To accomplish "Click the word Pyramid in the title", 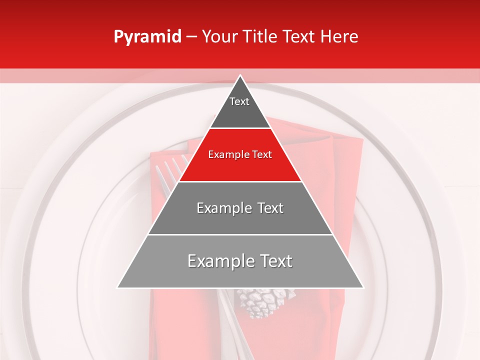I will tap(147, 37).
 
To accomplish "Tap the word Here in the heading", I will tap(339, 36).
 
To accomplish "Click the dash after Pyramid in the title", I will tap(191, 37).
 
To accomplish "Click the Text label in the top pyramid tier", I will tap(239, 101).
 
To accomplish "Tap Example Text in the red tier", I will tap(240, 154).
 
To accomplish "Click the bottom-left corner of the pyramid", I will tap(118, 287).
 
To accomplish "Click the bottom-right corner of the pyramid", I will tap(362, 287).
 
